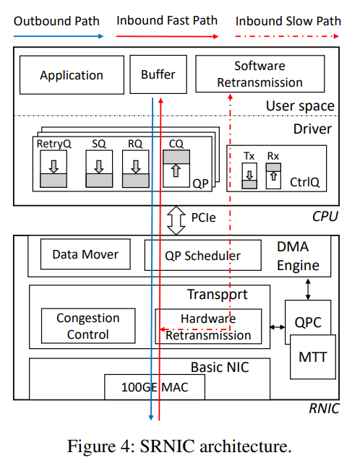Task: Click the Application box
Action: point(72,75)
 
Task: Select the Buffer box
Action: point(158,75)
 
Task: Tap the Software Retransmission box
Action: point(260,74)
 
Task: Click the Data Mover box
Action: point(85,254)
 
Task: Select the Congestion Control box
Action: point(87,326)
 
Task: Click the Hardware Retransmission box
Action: point(208,326)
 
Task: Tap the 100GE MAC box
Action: point(154,387)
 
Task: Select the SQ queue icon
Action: point(99,170)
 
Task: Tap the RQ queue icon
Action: point(135,170)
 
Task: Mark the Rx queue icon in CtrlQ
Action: point(273,176)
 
